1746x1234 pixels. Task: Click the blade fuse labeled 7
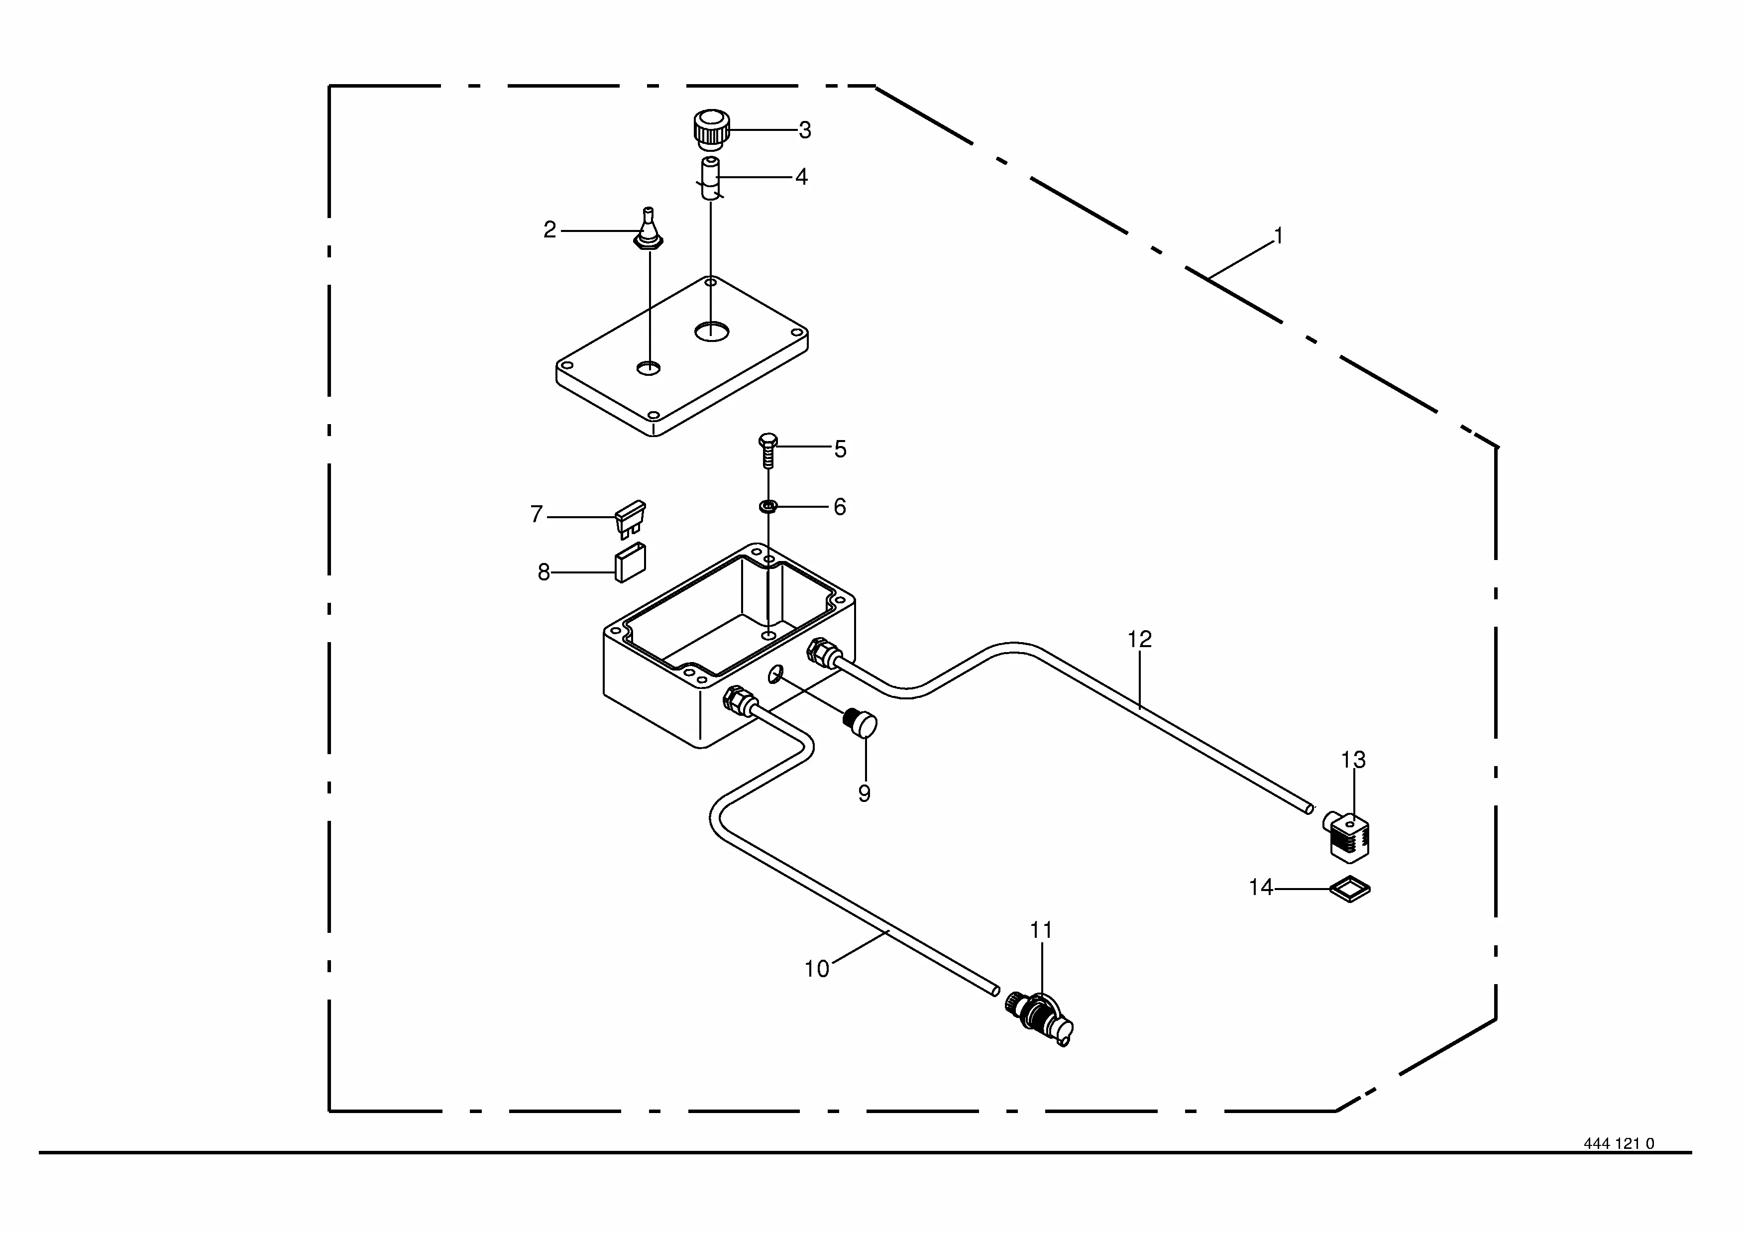coord(630,519)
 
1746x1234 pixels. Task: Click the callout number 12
coord(1139,640)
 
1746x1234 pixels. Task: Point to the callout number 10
coord(817,969)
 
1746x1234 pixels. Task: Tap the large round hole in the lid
coord(712,331)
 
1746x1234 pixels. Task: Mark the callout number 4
coord(801,177)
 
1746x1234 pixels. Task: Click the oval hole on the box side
coord(775,673)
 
